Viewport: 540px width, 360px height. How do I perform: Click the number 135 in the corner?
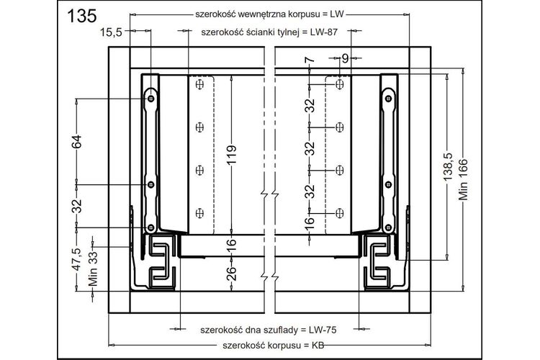pos(82,16)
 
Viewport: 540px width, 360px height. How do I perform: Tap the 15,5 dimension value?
pos(111,32)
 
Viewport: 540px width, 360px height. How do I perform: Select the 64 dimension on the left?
pos(77,141)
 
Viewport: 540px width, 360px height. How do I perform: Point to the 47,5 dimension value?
pos(77,259)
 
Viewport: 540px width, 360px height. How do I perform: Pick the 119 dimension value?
pos(231,154)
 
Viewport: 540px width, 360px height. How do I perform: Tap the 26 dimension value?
pos(231,273)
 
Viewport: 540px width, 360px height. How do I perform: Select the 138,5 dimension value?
pos(448,166)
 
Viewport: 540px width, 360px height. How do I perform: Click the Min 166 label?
pos(463,179)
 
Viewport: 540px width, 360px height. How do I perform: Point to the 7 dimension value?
pos(310,60)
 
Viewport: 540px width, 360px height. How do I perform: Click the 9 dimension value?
pos(345,59)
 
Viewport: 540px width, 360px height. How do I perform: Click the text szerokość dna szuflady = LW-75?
pos(269,330)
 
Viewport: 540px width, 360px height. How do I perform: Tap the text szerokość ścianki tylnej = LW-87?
pos(269,32)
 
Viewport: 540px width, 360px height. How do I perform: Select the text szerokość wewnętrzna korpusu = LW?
pos(270,14)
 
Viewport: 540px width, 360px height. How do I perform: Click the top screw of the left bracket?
pos(151,99)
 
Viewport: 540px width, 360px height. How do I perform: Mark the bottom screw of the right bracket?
pos(389,227)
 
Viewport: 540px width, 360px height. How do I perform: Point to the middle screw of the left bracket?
pos(151,184)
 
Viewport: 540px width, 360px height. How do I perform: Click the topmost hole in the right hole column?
pos(340,84)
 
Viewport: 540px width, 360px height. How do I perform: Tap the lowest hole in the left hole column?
pos(199,213)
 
